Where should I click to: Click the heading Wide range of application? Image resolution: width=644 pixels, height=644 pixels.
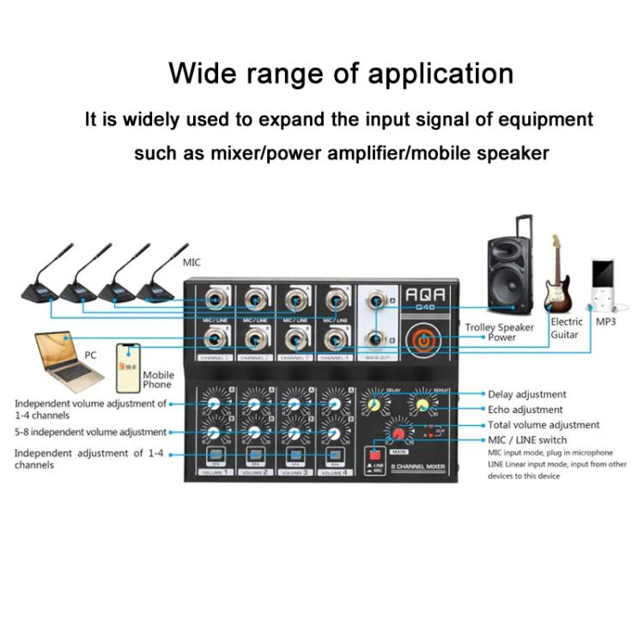[341, 74]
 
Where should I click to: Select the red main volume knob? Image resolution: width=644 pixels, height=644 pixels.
[398, 435]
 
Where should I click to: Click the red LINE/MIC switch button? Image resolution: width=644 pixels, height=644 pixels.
[374, 454]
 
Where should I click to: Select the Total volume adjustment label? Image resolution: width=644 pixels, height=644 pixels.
[544, 425]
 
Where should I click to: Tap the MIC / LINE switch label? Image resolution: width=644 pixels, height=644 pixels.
[527, 440]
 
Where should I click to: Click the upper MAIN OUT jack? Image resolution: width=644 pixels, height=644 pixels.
[374, 301]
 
